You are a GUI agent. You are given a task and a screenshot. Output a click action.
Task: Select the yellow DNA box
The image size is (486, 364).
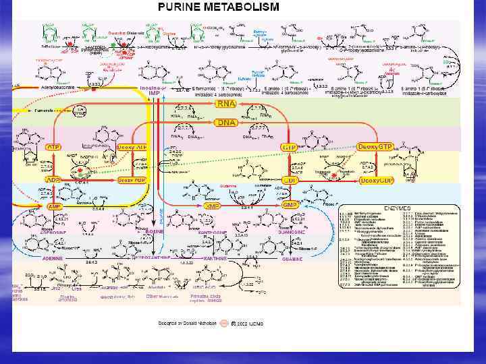click(x=225, y=123)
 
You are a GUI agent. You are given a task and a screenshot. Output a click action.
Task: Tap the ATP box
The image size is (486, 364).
click(x=53, y=146)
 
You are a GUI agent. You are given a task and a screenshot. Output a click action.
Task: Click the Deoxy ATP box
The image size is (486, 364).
click(x=132, y=146)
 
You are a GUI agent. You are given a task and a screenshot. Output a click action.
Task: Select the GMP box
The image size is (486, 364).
click(x=290, y=205)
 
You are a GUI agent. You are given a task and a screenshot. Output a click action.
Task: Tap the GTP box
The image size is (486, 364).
click(x=290, y=146)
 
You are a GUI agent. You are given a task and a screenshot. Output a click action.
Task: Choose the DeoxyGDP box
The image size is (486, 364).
click(x=377, y=180)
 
